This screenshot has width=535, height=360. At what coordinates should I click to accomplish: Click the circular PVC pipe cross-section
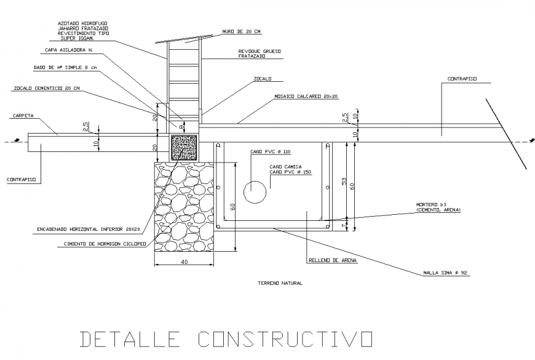255,192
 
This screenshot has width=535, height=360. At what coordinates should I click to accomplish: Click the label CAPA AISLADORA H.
69,50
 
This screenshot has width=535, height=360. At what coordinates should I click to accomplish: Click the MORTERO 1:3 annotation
438,207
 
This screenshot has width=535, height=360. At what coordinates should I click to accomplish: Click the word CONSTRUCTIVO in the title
286,339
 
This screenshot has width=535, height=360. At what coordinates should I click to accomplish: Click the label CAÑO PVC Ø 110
269,151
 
